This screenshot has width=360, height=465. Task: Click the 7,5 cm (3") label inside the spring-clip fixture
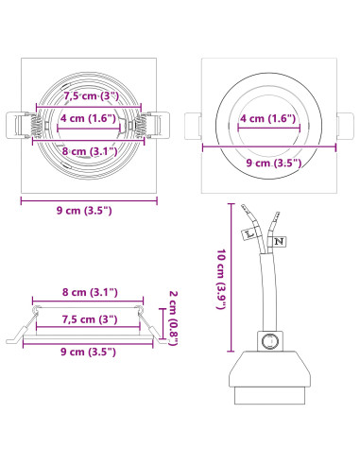point(92,95)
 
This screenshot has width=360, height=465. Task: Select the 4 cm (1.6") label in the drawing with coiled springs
point(88,118)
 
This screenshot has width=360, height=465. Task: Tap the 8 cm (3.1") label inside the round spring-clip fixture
point(90,151)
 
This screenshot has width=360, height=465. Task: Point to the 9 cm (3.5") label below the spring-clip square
point(84,210)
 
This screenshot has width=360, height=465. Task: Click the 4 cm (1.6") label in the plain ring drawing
point(268,118)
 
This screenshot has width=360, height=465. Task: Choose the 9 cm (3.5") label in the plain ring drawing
point(274,163)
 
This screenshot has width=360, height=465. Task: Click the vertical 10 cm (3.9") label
point(222,279)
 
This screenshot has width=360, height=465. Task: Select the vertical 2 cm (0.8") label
point(173,318)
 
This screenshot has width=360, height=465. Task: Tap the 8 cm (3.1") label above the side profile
point(90,292)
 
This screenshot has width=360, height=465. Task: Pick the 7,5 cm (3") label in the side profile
point(90,319)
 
